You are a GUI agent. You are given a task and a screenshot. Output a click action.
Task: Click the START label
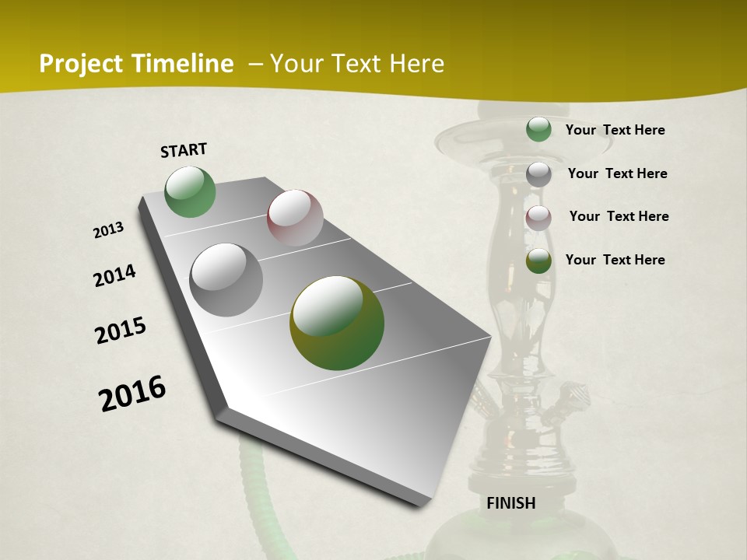[184, 150]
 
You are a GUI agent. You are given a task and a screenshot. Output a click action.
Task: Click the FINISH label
[511, 503]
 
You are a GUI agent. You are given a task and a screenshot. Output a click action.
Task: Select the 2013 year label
[108, 230]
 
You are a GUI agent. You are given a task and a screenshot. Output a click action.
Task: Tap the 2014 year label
[114, 275]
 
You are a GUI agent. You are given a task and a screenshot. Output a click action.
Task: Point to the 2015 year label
[121, 331]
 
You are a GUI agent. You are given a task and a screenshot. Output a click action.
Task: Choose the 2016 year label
[132, 394]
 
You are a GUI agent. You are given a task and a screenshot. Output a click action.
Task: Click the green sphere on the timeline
[191, 191]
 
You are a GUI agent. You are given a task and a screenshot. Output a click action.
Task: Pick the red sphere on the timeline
[295, 218]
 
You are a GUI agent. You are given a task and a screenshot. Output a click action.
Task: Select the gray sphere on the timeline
[226, 280]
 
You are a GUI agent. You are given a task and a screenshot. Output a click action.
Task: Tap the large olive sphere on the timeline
[337, 323]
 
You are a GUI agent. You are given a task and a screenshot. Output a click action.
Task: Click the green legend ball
[538, 129]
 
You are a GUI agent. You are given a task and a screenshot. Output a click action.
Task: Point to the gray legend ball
[538, 173]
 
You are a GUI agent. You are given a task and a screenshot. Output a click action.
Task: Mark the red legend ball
[538, 217]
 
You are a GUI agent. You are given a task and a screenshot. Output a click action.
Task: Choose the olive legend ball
[538, 261]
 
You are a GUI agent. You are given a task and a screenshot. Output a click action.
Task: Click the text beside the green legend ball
[615, 130]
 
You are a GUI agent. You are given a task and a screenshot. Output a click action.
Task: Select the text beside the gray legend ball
[617, 173]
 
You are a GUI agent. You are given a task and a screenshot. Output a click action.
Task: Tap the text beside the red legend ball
[619, 216]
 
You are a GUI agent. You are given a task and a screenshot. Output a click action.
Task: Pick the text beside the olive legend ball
[615, 260]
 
